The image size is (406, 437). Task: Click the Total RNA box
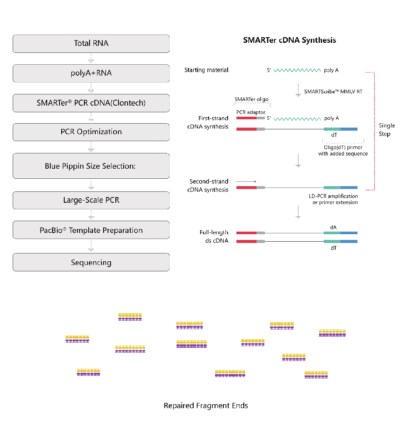click(x=91, y=43)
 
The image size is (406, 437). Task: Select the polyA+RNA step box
click(x=91, y=73)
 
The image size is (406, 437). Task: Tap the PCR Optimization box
click(x=91, y=132)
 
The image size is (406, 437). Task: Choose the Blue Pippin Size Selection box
click(x=91, y=166)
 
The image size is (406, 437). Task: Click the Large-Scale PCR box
click(x=91, y=200)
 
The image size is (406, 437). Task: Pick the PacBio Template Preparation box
click(x=91, y=230)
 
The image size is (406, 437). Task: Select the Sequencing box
click(x=91, y=263)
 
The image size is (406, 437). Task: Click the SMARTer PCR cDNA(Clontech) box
click(x=91, y=103)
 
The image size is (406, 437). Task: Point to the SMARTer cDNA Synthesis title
click(x=289, y=40)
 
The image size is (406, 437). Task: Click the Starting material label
click(x=206, y=70)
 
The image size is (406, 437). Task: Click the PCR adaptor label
click(x=251, y=112)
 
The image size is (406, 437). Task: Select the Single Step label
click(x=387, y=130)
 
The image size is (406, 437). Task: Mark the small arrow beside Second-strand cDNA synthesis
click(x=246, y=181)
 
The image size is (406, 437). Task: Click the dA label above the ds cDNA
click(x=333, y=227)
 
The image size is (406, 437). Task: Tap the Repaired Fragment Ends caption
click(x=206, y=406)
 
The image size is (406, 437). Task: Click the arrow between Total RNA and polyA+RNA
click(x=91, y=58)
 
